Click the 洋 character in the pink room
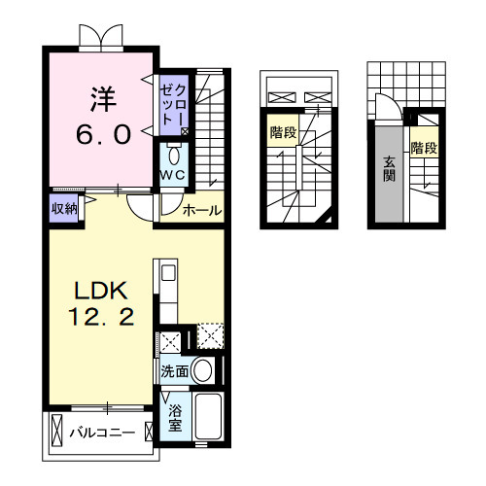point(103,98)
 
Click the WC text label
point(173,175)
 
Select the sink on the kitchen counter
point(165,274)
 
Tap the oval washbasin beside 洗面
point(202,369)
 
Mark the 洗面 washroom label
point(175,370)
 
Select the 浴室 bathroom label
point(175,418)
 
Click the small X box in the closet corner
point(185,129)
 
